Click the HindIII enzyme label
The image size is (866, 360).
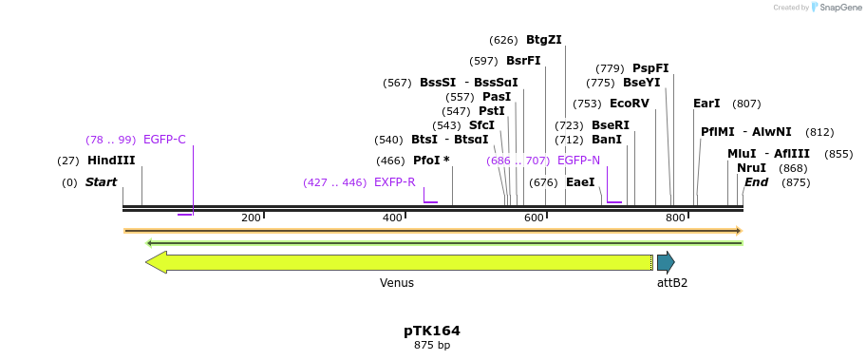point(111,161)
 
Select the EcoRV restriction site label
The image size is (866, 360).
point(629,104)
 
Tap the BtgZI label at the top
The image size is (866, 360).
point(543,40)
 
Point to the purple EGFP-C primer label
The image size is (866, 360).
point(164,140)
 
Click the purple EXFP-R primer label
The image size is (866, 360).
point(394,182)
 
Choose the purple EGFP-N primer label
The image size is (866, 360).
point(578,161)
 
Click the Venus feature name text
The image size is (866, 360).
point(397,282)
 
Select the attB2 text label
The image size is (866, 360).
point(671,282)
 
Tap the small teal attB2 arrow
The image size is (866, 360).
point(666,261)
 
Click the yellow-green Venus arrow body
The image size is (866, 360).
point(399,261)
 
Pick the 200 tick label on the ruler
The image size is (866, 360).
point(251,218)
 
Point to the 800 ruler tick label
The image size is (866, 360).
point(675,218)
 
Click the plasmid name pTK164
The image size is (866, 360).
point(432,331)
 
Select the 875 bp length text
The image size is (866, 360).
point(432,345)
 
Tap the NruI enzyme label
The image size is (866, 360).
point(751,168)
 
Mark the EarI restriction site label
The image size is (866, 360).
point(706,104)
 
